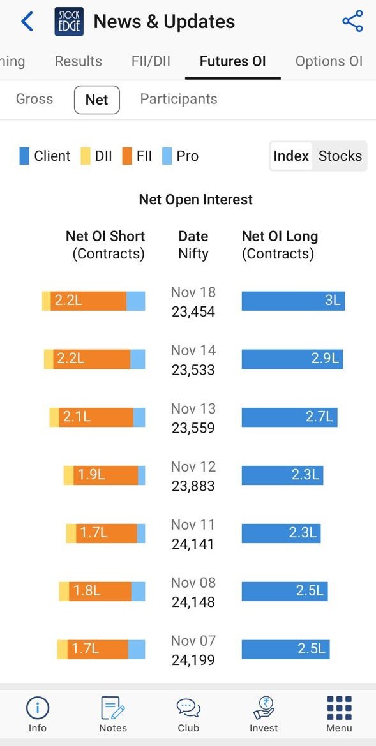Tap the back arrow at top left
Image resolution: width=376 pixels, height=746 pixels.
click(27, 22)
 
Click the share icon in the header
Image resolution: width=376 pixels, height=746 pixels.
click(352, 22)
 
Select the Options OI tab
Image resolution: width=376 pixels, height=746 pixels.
click(329, 61)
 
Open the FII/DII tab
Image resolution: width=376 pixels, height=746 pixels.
click(151, 61)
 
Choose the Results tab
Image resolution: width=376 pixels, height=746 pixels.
click(78, 61)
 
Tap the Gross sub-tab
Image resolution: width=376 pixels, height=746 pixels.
click(34, 100)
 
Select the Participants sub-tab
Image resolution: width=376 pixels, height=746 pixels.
click(179, 100)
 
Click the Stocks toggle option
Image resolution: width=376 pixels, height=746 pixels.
click(340, 156)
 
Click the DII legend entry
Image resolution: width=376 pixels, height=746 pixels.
click(96, 156)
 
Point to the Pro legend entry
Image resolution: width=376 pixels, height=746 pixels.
click(180, 156)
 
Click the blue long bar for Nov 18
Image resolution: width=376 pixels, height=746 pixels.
click(293, 301)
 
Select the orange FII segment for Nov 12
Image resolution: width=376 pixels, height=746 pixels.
click(106, 475)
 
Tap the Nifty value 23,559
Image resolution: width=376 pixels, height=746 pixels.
click(193, 428)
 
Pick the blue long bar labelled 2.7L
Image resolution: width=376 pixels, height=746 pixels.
click(289, 417)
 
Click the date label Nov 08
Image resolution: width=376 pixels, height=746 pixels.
click(193, 583)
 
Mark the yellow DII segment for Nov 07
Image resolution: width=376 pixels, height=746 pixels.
click(62, 650)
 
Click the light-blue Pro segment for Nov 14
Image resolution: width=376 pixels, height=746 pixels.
click(138, 359)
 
